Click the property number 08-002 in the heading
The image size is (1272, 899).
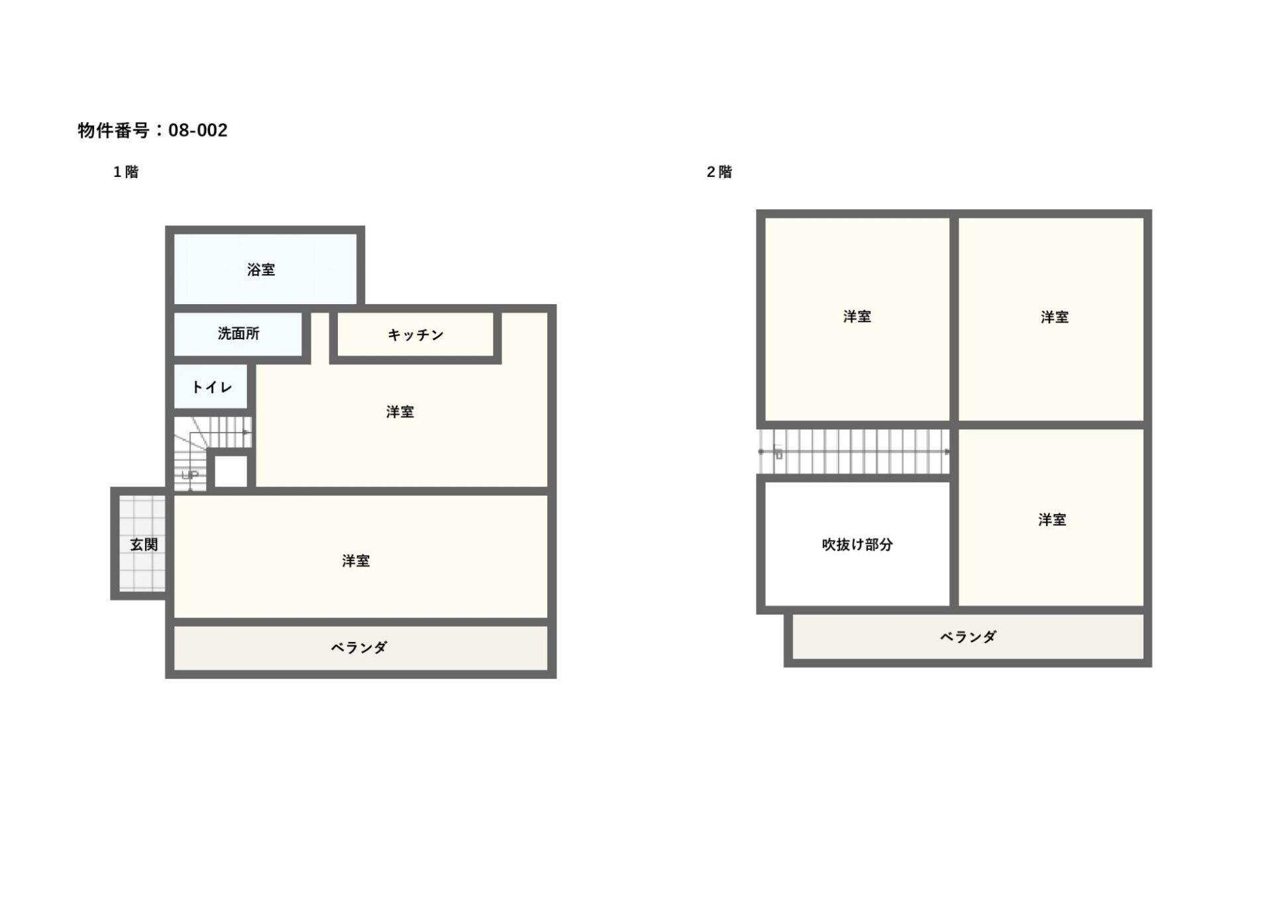coord(197,131)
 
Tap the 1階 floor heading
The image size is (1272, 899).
coord(126,172)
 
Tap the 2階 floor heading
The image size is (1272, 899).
coord(719,172)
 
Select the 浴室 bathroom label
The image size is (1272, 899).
coord(261,270)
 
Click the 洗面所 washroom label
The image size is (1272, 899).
coord(238,334)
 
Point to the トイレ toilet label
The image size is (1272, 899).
coord(212,387)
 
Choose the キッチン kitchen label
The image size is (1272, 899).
coord(415,335)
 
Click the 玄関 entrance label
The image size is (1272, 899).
coord(144,545)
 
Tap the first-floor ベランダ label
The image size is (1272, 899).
coord(359,648)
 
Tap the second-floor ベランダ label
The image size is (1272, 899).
coord(968,637)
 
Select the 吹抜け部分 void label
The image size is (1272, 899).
coord(857,545)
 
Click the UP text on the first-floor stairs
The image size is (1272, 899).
coord(190,475)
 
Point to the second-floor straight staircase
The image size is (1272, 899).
coord(855,452)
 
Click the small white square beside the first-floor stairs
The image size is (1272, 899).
coord(231,471)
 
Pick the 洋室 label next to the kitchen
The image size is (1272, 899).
coord(400,412)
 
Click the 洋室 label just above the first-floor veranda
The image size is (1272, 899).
coord(356,561)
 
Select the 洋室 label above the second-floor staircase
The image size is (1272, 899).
coord(857,317)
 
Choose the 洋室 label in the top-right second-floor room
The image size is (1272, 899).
coord(1054,317)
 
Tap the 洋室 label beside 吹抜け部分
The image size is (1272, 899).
coord(1052,520)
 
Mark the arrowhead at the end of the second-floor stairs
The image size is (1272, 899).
coord(947,452)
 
